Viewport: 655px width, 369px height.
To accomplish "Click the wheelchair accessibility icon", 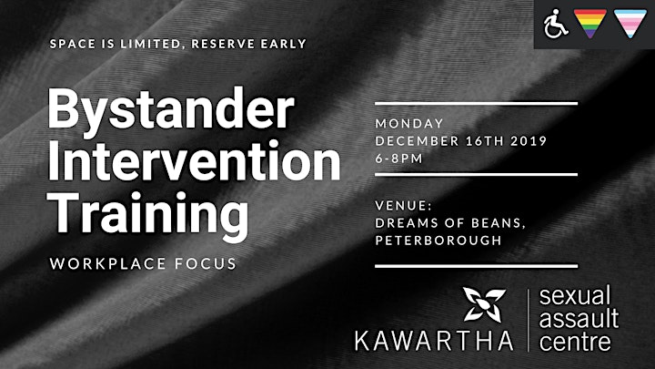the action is pos(556,24).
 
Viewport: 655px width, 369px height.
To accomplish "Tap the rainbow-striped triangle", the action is pos(589,23).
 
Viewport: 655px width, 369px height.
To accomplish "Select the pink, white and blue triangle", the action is pos(630,23).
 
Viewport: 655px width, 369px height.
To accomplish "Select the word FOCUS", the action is pos(206,263).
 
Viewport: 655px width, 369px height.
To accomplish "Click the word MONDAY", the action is pos(409,123).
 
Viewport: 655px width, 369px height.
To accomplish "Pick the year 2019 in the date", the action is pos(529,141).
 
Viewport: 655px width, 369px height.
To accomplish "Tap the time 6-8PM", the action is pos(399,159).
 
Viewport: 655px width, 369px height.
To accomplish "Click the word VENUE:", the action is pos(403,205).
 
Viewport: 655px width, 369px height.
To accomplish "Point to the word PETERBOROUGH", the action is pos(438,241).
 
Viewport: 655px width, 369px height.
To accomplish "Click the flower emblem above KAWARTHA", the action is pos(484,304).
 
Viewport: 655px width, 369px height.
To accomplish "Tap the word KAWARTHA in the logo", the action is pos(434,341).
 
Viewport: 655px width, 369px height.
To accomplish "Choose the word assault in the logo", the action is pos(579,318).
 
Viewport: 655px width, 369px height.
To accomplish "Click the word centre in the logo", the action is pos(575,342).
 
